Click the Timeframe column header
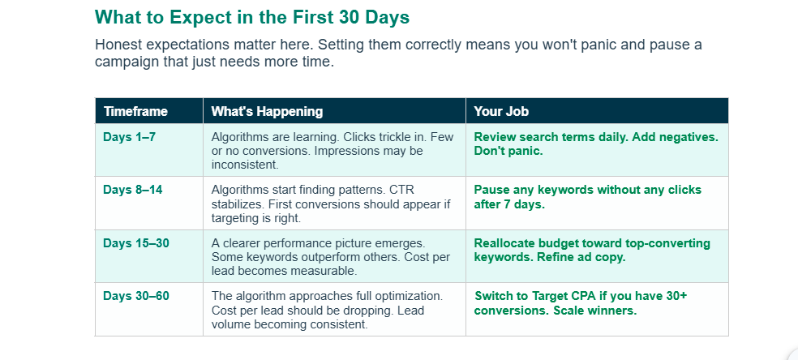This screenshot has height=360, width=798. click(135, 111)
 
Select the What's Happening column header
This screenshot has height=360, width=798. click(267, 111)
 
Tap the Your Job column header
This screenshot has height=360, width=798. click(501, 111)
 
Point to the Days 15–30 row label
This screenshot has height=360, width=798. click(136, 243)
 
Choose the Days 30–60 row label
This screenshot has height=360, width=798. click(136, 296)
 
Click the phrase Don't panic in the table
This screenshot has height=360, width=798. click(508, 151)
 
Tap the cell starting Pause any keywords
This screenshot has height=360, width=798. click(587, 197)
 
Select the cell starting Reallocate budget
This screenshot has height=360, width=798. click(592, 251)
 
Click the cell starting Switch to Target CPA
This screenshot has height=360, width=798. click(581, 303)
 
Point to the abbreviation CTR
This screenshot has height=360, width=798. click(402, 190)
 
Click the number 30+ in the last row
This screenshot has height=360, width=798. click(676, 296)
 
